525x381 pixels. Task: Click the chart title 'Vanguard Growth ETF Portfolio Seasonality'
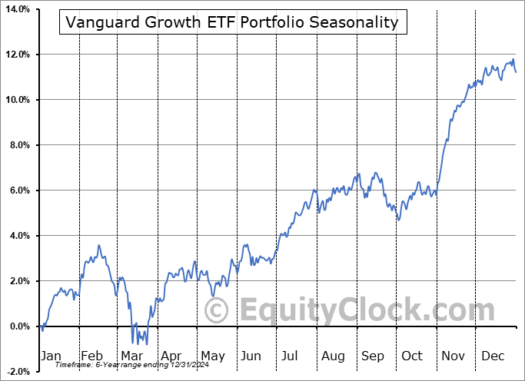232,22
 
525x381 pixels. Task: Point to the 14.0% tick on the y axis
15,9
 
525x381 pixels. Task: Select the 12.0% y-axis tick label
15,55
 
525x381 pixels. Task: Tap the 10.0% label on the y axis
15,100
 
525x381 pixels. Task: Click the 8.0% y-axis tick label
17,145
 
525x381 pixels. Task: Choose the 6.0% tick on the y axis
17,190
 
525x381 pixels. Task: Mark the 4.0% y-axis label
17,236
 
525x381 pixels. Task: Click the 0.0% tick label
17,326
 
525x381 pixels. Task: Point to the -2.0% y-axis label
16,372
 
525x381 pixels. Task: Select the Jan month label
50,356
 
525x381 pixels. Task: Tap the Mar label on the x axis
131,356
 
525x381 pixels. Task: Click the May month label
212,356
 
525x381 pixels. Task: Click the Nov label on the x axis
454,356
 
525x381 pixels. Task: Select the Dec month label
493,356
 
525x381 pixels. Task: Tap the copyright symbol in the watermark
218,311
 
